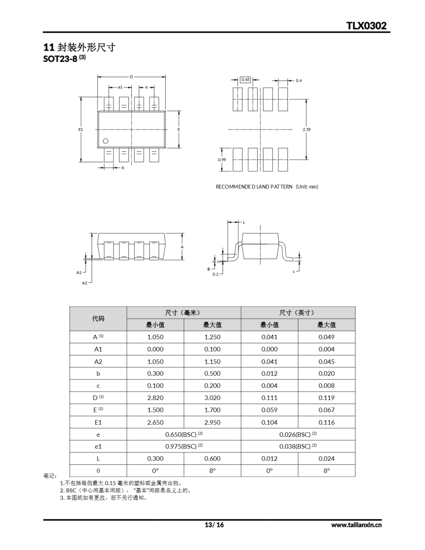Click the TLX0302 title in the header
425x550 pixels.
[366, 26]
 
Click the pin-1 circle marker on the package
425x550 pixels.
[106, 141]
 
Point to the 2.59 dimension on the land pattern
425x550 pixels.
[307, 129]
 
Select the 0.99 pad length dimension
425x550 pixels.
[222, 160]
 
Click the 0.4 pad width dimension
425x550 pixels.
[299, 81]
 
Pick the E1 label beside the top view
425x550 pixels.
[81, 129]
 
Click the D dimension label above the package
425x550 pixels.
[131, 77]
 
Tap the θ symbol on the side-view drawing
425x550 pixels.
[209, 269]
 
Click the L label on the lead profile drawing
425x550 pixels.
[244, 222]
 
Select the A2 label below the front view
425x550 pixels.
[85, 283]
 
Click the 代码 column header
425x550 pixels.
[98, 319]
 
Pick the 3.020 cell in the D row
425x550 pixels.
[212, 398]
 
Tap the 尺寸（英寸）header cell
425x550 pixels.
[298, 313]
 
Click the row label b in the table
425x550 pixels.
[98, 373]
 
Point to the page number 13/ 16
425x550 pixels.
[214, 525]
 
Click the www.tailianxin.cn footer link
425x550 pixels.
[356, 525]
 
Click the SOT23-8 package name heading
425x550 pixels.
[60, 59]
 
